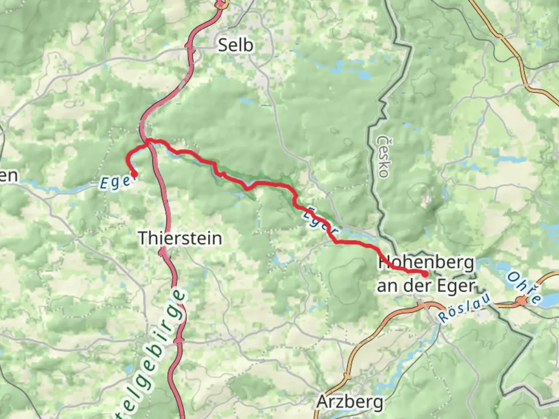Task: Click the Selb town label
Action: pyautogui.click(x=235, y=45)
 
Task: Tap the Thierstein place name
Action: pyautogui.click(x=180, y=238)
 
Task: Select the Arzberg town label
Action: pyautogui.click(x=350, y=402)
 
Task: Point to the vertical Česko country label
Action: pyautogui.click(x=382, y=156)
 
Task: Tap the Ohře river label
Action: pyautogui.click(x=524, y=287)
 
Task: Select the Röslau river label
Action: pyautogui.click(x=464, y=308)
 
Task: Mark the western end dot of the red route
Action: pyautogui.click(x=134, y=175)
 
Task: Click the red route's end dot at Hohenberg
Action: pyautogui.click(x=425, y=274)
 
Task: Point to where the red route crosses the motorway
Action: pyautogui.click(x=148, y=142)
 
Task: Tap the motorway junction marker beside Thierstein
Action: pyautogui.click(x=162, y=253)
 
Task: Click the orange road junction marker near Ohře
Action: pyautogui.click(x=522, y=300)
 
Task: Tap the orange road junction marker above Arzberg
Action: pyautogui.click(x=347, y=376)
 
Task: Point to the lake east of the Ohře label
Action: pyautogui.click(x=550, y=299)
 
